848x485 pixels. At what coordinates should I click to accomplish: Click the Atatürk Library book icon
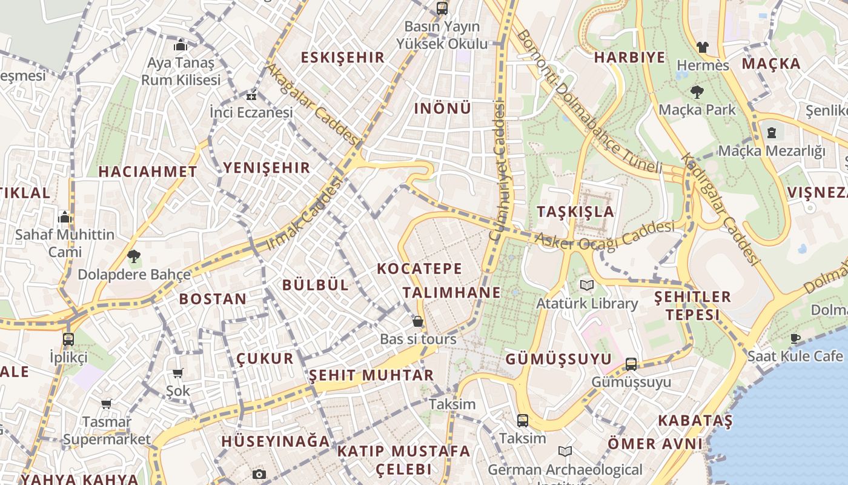pyautogui.click(x=586, y=285)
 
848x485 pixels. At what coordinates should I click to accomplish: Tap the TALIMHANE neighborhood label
pyautogui.click(x=452, y=292)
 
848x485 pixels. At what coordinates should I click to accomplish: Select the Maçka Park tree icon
pyautogui.click(x=697, y=92)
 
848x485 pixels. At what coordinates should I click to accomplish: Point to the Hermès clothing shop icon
pyautogui.click(x=702, y=47)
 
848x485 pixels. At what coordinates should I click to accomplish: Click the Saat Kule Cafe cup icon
pyautogui.click(x=795, y=338)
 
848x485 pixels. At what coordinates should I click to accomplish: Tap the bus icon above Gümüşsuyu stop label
pyautogui.click(x=631, y=364)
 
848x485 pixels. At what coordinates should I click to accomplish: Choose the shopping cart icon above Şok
pyautogui.click(x=177, y=373)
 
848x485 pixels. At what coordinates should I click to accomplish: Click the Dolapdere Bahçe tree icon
pyautogui.click(x=134, y=256)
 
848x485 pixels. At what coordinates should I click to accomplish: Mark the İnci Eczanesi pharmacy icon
pyautogui.click(x=251, y=96)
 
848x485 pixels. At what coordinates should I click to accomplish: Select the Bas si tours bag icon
pyautogui.click(x=417, y=321)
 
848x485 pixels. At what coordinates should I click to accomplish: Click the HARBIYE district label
pyautogui.click(x=629, y=58)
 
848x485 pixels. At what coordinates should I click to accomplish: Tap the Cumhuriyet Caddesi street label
pyautogui.click(x=498, y=172)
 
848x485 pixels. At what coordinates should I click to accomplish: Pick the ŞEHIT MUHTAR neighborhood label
pyautogui.click(x=371, y=375)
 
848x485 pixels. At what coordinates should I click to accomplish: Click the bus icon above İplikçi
pyautogui.click(x=68, y=339)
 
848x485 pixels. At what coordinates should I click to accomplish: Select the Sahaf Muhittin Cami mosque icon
pyautogui.click(x=65, y=217)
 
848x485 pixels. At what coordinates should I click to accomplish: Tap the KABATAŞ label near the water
pyautogui.click(x=695, y=420)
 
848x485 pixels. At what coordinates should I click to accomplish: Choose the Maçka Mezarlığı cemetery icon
pyautogui.click(x=772, y=132)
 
